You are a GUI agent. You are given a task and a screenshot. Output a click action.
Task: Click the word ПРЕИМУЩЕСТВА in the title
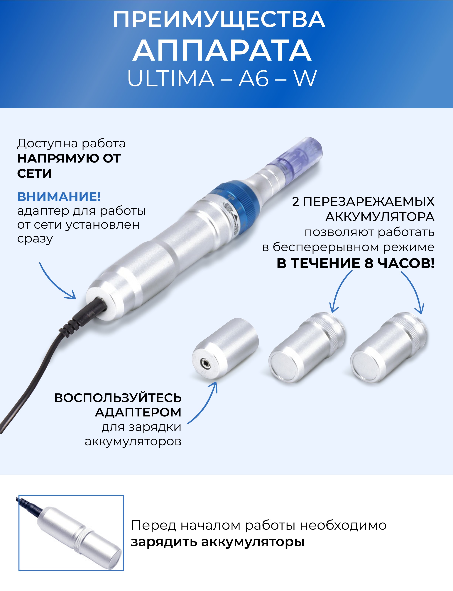pos(219,19)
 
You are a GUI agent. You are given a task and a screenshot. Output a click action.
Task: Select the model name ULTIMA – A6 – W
pos(222,78)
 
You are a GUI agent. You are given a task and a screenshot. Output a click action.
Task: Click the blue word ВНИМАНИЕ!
pos(59,197)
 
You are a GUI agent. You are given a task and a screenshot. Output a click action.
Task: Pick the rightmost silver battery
pos(388,347)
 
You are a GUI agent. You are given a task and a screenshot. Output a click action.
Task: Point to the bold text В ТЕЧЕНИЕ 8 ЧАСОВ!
pos(355,263)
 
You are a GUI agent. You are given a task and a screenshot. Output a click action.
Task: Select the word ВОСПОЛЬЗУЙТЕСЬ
pos(118,398)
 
